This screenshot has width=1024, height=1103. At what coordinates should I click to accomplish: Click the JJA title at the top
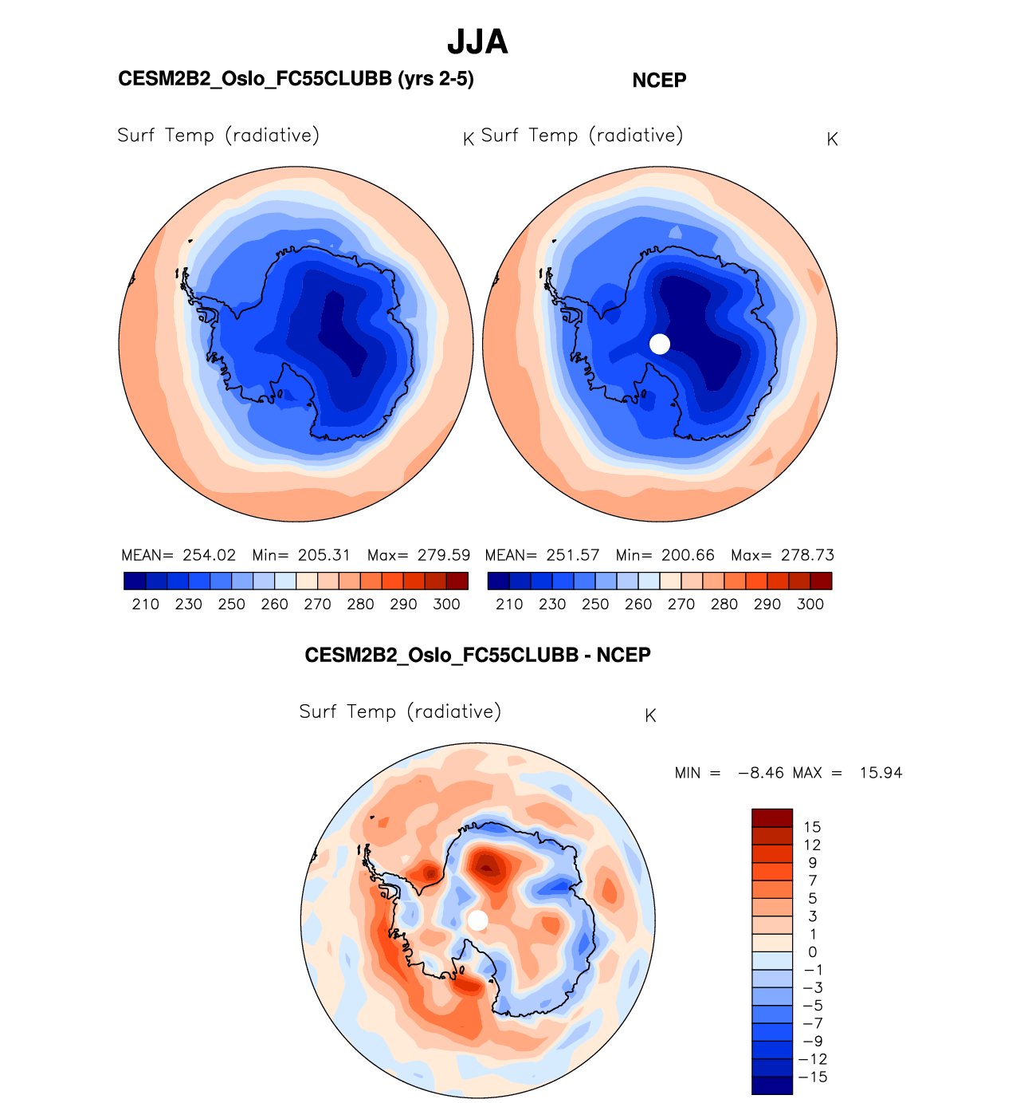coord(477,42)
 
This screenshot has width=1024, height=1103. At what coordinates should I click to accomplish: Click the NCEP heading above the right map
coord(659,81)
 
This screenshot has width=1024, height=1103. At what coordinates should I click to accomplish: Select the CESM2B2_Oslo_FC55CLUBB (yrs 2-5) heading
coord(296,79)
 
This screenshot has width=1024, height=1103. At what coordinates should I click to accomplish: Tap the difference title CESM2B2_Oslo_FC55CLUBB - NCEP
coord(477,655)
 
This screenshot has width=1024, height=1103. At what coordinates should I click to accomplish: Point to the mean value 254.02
coord(210,555)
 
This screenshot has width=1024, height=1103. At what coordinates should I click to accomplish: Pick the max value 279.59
coord(444,555)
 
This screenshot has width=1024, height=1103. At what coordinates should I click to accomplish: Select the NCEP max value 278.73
coord(807,555)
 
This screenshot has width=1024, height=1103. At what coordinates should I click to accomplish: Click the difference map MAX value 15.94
coord(881,773)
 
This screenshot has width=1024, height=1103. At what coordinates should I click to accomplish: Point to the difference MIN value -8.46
coord(760,773)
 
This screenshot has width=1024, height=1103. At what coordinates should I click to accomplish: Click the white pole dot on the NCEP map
coord(660,344)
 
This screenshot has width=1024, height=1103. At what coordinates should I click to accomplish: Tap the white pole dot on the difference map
coord(477,920)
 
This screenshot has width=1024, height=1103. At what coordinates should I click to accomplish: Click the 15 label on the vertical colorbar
coord(812,827)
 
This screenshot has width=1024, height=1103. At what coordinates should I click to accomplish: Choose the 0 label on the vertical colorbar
coord(812,952)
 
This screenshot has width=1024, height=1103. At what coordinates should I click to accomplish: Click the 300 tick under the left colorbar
coord(446,605)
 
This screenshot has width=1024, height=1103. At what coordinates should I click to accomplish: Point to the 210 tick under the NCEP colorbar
coord(509,605)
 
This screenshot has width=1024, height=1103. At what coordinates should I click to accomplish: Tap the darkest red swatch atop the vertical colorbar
coord(772,817)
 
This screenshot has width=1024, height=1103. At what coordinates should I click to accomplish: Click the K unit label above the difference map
coord(650,715)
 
